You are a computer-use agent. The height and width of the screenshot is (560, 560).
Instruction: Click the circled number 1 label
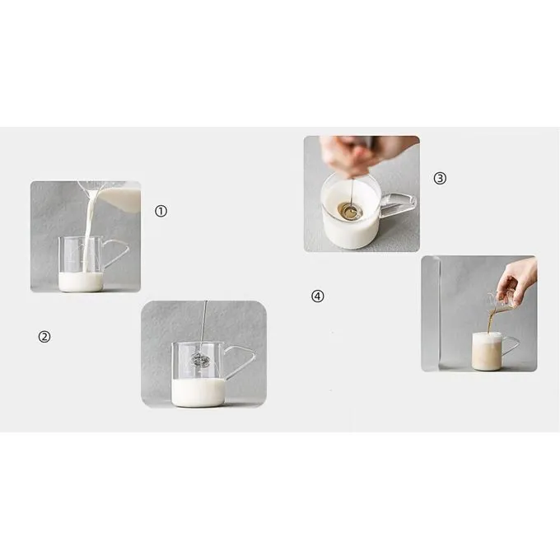coord(161,211)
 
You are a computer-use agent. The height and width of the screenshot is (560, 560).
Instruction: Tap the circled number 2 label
coord(45,336)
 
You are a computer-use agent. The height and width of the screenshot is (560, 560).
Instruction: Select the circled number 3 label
coord(440,177)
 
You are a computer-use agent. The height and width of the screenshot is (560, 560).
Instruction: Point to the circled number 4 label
coord(318,296)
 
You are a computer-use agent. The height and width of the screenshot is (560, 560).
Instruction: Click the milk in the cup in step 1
coord(81,282)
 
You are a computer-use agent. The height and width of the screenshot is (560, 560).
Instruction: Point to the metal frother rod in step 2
coord(203,325)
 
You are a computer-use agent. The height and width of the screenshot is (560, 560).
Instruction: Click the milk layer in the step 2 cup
coord(198,390)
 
